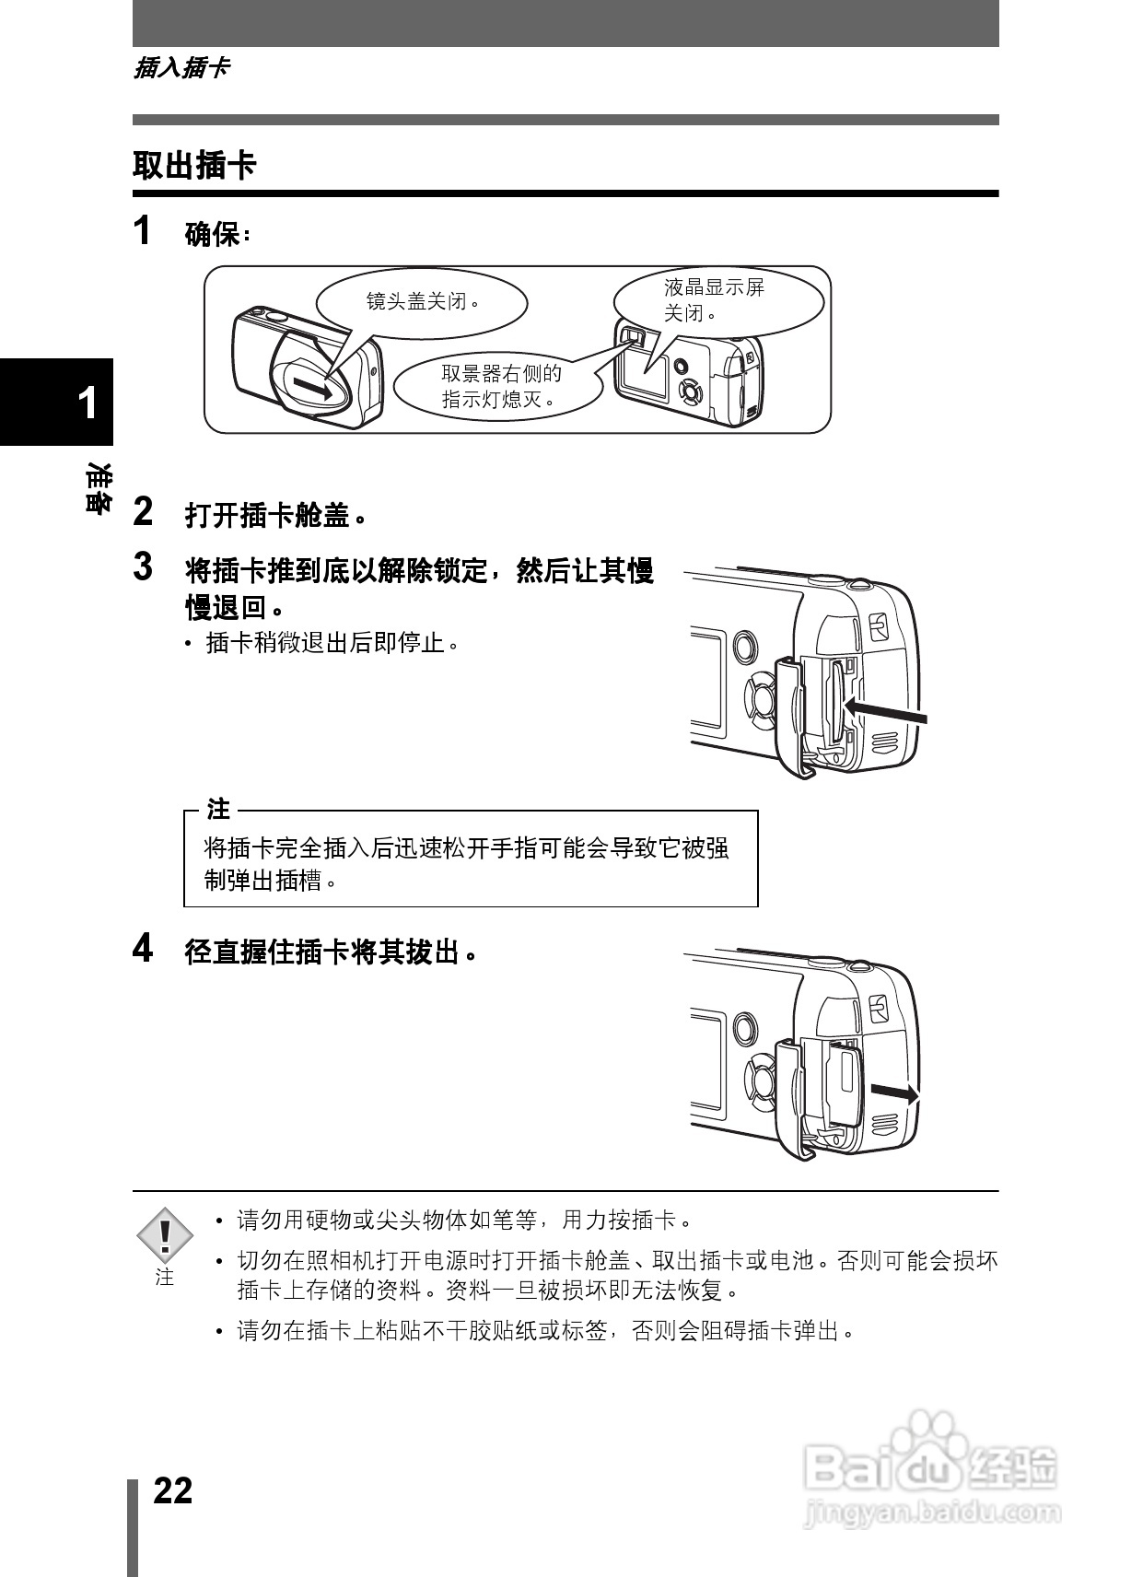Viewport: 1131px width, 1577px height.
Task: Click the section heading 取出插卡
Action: [194, 167]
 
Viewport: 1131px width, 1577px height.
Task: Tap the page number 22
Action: [172, 1490]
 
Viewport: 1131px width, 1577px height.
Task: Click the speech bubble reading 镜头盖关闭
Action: [422, 301]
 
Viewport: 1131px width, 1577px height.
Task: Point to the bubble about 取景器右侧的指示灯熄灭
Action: [500, 386]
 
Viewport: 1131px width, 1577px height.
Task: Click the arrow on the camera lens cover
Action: [312, 388]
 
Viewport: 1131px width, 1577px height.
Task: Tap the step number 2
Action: [143, 512]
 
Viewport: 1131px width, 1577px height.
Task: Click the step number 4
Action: [143, 949]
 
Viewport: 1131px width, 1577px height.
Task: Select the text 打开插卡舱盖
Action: [274, 515]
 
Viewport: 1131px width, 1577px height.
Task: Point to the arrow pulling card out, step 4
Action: [893, 1093]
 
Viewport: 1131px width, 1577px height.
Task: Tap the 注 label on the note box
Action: [218, 810]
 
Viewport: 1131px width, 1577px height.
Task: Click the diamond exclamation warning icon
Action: [165, 1235]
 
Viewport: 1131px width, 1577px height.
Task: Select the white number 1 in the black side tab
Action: [87, 403]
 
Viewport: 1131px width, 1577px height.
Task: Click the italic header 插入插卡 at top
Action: [181, 68]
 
